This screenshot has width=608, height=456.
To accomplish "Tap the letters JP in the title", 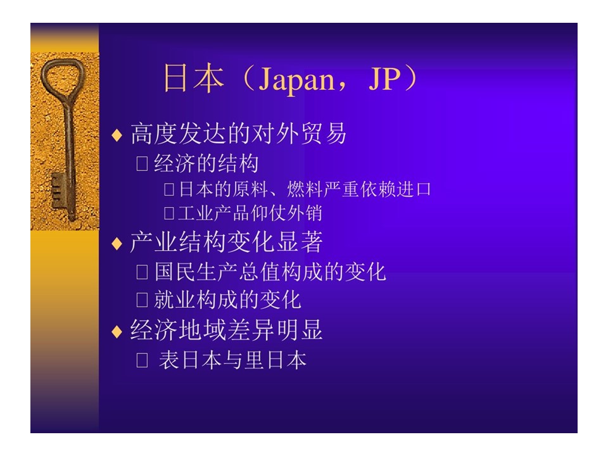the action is click(384, 79).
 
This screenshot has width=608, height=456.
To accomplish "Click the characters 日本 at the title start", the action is click(194, 78).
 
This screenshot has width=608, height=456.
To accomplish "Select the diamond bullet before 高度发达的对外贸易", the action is click(117, 136).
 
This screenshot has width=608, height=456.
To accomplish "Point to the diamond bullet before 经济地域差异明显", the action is click(117, 331).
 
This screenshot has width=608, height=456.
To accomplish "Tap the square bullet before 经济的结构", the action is click(142, 163).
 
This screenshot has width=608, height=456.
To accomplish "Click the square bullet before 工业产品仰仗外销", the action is click(168, 213).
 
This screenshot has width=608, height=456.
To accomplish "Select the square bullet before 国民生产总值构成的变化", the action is click(142, 272).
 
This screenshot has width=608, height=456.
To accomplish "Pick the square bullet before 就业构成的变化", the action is click(142, 300).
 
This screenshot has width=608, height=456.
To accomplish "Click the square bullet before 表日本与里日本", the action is click(142, 360).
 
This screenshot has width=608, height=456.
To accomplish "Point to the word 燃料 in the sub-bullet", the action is click(305, 189).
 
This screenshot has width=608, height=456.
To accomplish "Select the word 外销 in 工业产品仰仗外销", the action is click(304, 213).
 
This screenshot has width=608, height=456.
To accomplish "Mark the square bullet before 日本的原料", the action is click(168, 189).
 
